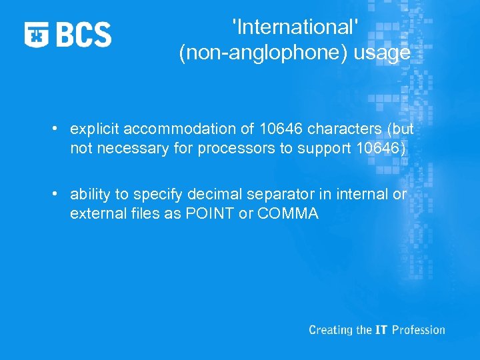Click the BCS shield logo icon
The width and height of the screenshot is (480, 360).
(x=37, y=34)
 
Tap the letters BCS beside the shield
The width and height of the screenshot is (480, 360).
(x=83, y=34)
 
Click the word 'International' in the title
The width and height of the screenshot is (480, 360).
(x=295, y=28)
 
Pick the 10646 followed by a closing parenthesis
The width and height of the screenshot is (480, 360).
(x=379, y=148)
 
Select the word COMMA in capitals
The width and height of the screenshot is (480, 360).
(x=286, y=214)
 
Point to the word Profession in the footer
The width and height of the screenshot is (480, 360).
(x=419, y=330)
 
